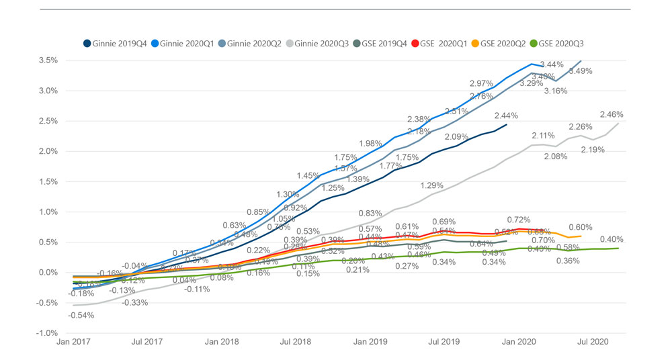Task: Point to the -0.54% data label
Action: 81,315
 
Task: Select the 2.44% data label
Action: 506,115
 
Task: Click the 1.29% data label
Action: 431,185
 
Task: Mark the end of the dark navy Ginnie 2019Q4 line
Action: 507,124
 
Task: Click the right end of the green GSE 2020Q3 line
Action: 618,249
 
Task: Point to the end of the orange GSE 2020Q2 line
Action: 581,236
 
